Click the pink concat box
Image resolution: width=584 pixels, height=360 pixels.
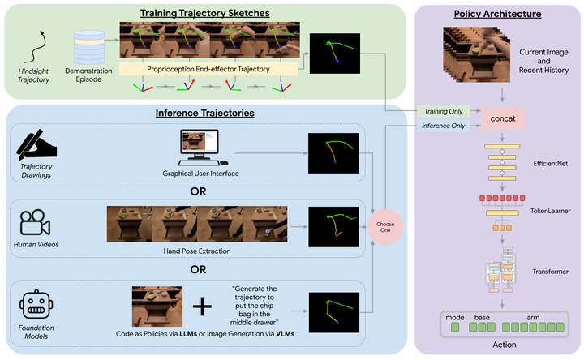click(x=503, y=118)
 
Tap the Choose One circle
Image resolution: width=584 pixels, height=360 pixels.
click(x=385, y=227)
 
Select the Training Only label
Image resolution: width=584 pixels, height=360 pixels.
click(x=443, y=111)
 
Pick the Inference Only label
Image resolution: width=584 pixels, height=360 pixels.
click(x=443, y=126)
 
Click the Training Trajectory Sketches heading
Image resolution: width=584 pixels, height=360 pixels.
click(x=205, y=13)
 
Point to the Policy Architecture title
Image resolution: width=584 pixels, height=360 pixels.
click(x=497, y=14)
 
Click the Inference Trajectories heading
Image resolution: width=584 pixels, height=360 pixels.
click(x=205, y=113)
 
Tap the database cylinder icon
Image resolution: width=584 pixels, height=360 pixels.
click(x=89, y=47)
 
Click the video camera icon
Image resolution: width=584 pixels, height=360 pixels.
click(x=35, y=222)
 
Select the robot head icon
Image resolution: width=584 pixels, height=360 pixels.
click(x=36, y=304)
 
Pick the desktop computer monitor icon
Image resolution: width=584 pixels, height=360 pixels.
click(x=200, y=147)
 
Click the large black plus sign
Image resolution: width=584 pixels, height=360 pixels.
click(x=202, y=306)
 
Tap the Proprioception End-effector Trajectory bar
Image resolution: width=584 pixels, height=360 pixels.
click(x=208, y=69)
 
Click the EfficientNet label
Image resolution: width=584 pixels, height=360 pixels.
click(x=550, y=164)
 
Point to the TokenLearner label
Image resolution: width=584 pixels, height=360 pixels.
click(x=550, y=211)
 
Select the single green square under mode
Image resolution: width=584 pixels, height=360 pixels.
click(x=455, y=328)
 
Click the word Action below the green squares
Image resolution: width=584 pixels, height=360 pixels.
click(x=505, y=345)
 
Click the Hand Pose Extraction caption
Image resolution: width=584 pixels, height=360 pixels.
click(x=196, y=251)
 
